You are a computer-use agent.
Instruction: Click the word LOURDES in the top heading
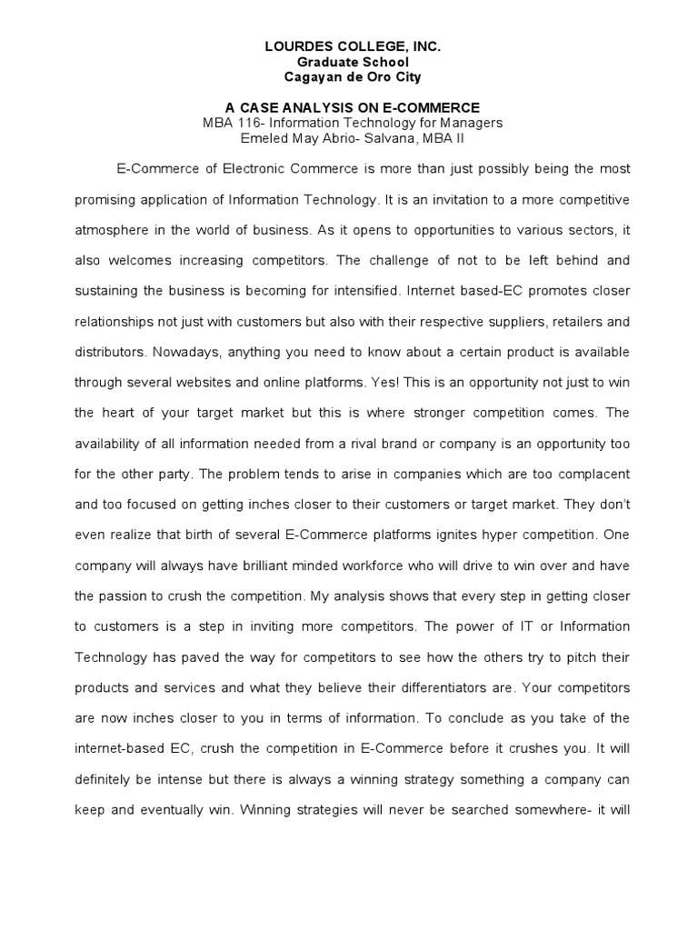click(x=287, y=45)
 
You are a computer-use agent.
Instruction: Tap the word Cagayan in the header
click(x=315, y=77)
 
